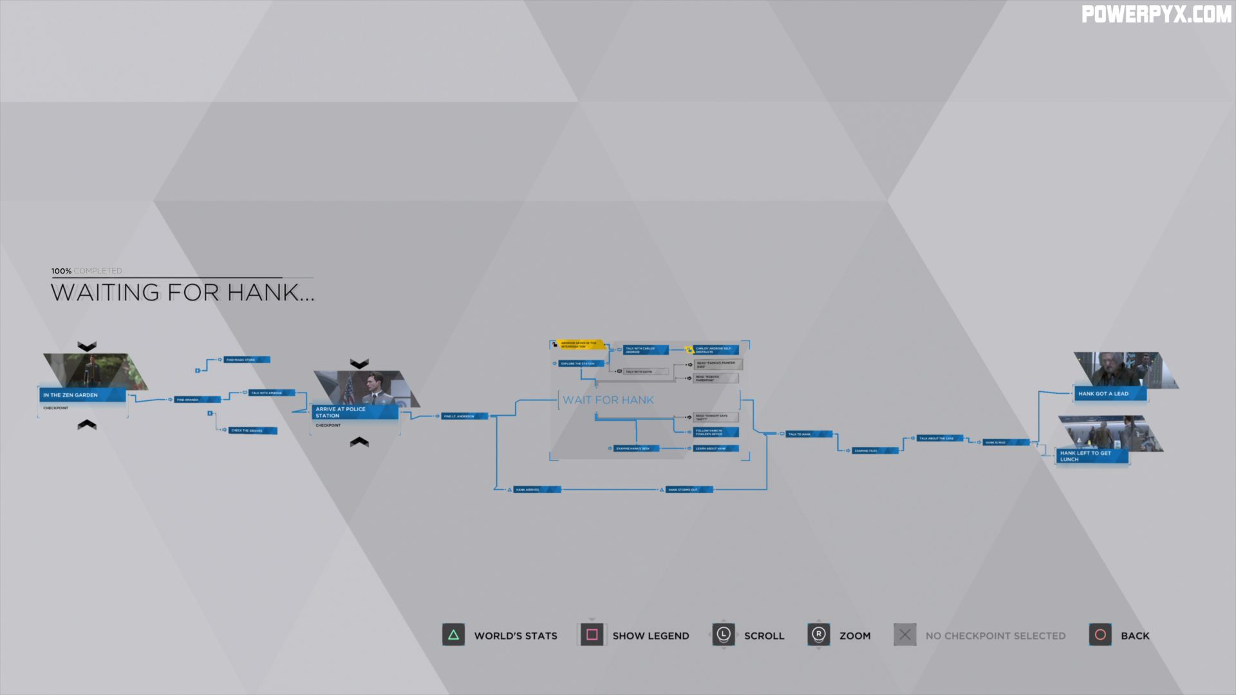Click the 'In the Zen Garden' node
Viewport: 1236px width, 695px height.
pyautogui.click(x=82, y=394)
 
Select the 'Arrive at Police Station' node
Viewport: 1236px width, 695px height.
pyautogui.click(x=355, y=412)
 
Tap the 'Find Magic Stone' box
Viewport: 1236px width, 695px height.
pyautogui.click(x=246, y=360)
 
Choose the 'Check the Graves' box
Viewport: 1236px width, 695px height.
pyautogui.click(x=252, y=431)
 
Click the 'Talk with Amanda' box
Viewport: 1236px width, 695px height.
pyautogui.click(x=271, y=393)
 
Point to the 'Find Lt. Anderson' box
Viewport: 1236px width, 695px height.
pyautogui.click(x=464, y=416)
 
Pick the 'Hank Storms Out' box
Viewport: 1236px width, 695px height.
pyautogui.click(x=688, y=490)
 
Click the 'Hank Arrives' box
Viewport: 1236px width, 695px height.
pyautogui.click(x=536, y=490)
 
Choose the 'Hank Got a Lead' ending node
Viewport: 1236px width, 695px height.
pyautogui.click(x=1109, y=393)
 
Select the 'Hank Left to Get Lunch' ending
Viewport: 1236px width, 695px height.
pyautogui.click(x=1091, y=456)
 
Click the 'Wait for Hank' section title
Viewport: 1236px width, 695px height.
pyautogui.click(x=608, y=400)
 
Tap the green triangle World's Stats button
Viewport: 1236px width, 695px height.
pyautogui.click(x=453, y=635)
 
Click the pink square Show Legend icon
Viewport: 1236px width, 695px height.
pyautogui.click(x=592, y=635)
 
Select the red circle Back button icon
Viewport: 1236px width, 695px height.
pyautogui.click(x=1100, y=635)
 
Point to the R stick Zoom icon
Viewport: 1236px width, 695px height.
pyautogui.click(x=818, y=635)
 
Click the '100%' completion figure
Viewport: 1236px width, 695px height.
pyautogui.click(x=62, y=271)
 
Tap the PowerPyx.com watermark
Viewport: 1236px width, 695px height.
pyautogui.click(x=1156, y=15)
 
